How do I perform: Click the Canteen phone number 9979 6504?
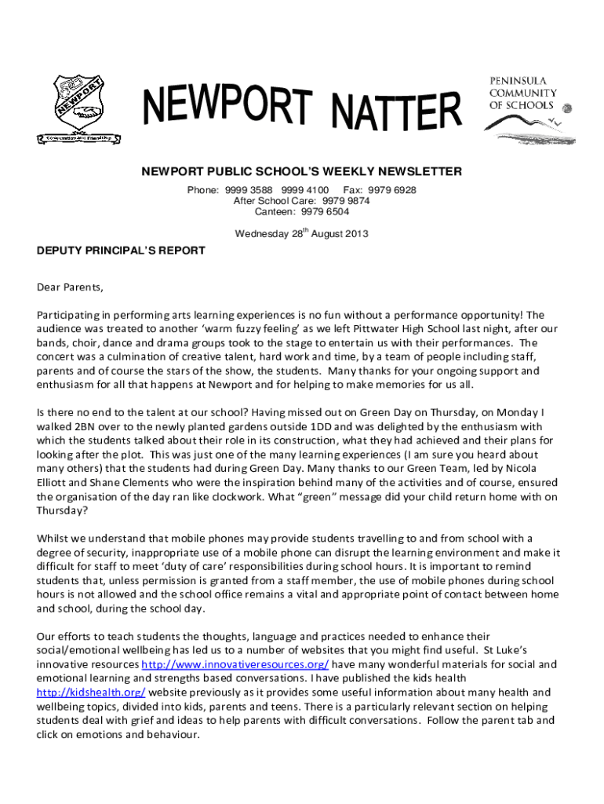coord(324,211)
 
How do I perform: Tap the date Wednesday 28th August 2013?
coord(302,233)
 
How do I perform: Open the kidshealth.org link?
coord(91,693)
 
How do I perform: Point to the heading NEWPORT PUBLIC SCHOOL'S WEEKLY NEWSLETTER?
coord(301,171)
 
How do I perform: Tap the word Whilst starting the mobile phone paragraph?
coord(53,538)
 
